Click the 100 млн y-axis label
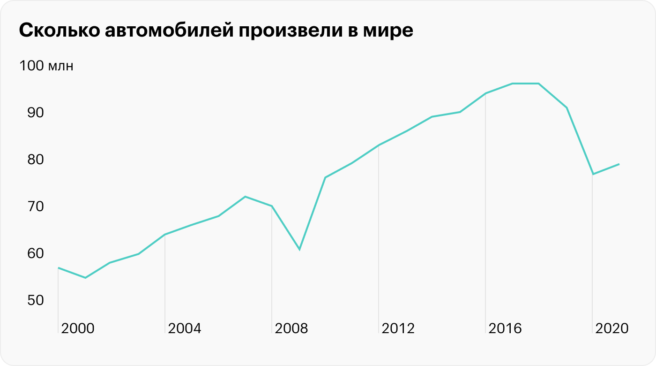46,66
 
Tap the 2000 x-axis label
78,328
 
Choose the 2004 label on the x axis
185,328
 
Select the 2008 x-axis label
291,328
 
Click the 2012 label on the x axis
398,328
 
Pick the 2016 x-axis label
505,328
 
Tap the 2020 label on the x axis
611,328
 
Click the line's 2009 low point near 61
299,249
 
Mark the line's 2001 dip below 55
85,278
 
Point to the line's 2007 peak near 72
245,197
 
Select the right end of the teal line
619,164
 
